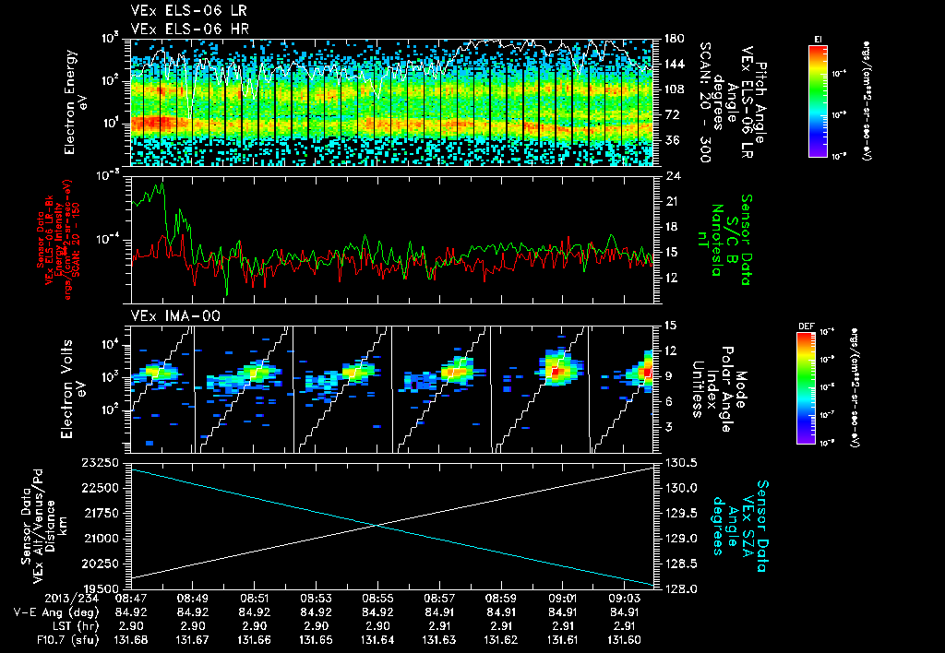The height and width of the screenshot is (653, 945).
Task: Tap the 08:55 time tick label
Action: [377, 598]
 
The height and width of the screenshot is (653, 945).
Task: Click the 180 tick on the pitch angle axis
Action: [671, 39]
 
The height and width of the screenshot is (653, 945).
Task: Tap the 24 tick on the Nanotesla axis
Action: [671, 175]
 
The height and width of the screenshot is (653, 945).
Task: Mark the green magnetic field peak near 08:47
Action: [161, 184]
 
